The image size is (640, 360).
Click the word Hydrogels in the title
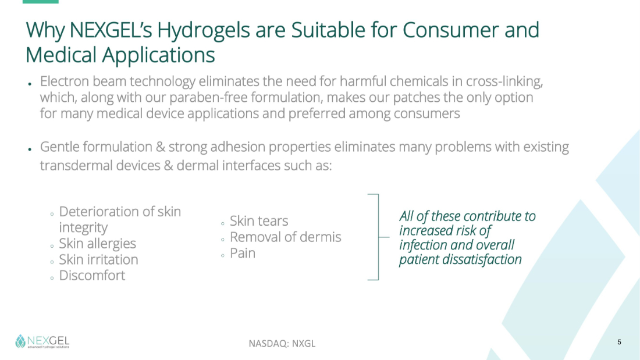click(204, 31)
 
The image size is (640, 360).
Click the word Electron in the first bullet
click(65, 81)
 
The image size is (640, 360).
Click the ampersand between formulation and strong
click(161, 147)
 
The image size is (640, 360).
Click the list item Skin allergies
click(98, 244)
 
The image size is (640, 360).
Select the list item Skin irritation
click(98, 259)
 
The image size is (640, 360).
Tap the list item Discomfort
click(93, 276)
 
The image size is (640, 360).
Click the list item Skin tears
click(259, 221)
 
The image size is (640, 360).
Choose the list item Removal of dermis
click(285, 237)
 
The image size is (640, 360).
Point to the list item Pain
click(243, 253)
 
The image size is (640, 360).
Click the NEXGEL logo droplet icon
click(20, 341)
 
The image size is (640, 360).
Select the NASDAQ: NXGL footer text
click(282, 344)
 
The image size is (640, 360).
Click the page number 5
click(619, 342)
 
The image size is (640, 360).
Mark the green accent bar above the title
click(40, 2)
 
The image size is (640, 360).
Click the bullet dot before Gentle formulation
click(30, 149)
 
